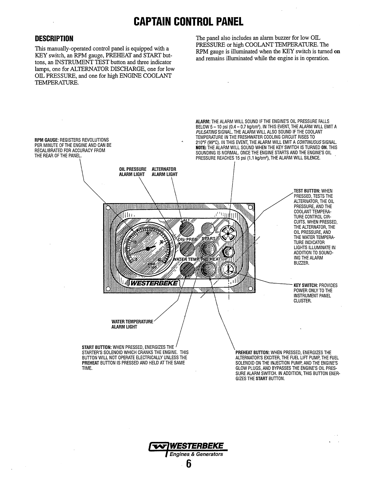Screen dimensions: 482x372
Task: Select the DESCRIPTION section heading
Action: (x=53, y=39)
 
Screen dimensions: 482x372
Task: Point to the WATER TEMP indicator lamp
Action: (x=187, y=268)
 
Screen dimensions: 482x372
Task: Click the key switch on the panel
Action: (x=228, y=268)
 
